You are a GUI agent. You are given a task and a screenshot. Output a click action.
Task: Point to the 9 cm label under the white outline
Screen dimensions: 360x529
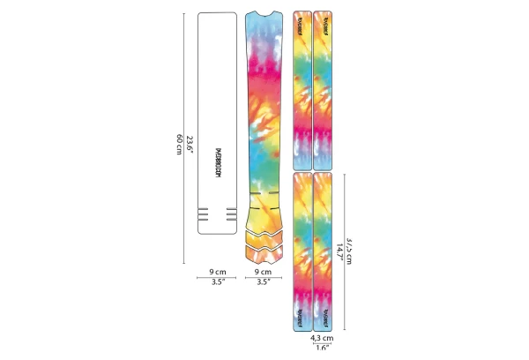click(218, 272)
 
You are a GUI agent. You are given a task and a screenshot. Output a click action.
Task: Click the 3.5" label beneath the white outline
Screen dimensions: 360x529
click(218, 282)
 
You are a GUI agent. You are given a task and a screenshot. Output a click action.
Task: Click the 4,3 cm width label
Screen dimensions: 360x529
click(322, 337)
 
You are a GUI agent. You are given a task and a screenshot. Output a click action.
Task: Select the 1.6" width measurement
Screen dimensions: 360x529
click(322, 348)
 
